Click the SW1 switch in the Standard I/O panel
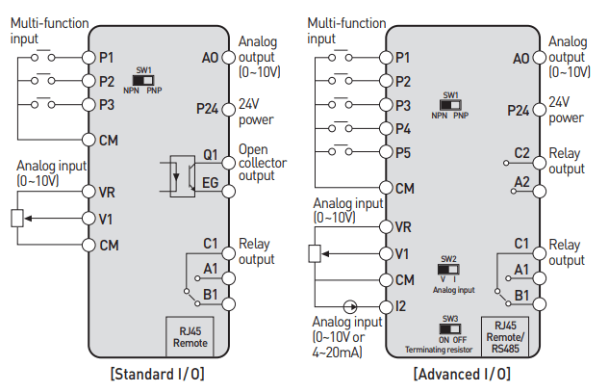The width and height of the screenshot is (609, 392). point(143,81)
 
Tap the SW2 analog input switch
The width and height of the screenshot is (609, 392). point(448,269)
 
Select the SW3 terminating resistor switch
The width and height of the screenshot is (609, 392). point(450,329)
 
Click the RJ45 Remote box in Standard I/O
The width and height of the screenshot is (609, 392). point(190,337)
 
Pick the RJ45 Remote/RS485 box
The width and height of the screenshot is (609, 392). point(505,337)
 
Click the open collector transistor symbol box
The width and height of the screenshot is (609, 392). point(183,176)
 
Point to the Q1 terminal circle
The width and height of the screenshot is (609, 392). point(229,163)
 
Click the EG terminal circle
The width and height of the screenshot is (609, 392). point(229,192)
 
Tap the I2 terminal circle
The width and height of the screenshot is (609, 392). point(386,307)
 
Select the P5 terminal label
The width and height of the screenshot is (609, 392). point(403,153)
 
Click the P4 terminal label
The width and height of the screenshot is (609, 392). point(403,129)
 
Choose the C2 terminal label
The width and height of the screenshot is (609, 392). point(521,153)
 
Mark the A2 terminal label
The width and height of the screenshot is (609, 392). point(521,182)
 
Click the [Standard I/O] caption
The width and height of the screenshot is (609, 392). point(157,374)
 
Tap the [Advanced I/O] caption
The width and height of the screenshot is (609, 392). point(462,374)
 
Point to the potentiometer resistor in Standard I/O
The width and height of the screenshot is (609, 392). point(17,219)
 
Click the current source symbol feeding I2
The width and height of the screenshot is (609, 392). point(350,307)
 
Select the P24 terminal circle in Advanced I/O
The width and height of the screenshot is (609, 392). point(540,109)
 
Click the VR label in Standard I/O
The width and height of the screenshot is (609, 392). point(107,192)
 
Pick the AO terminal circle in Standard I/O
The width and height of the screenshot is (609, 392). point(229,58)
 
